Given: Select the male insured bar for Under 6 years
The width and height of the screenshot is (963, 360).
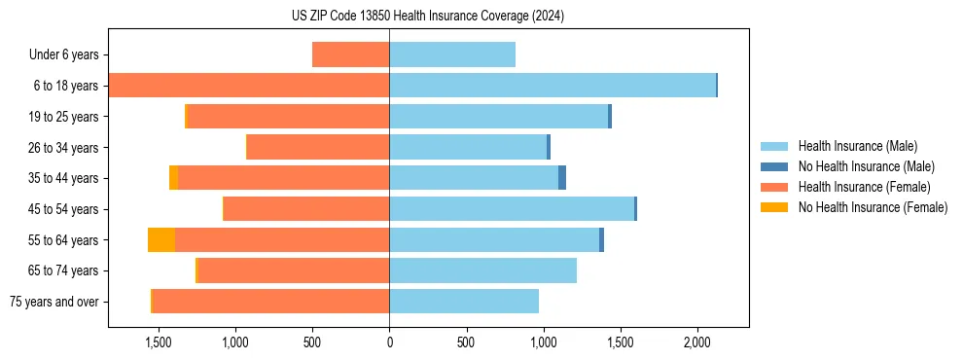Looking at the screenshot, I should [x=452, y=54].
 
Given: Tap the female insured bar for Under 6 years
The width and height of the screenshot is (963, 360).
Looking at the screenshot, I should [x=351, y=54].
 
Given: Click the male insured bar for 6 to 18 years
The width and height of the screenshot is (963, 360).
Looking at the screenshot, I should [x=553, y=86].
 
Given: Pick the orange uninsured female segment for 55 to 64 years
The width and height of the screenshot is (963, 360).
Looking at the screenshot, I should [x=161, y=240].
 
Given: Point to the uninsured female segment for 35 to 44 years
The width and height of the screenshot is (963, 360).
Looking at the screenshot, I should [x=173, y=178].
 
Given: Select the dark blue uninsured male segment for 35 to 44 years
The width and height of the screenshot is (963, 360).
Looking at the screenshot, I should [x=562, y=178].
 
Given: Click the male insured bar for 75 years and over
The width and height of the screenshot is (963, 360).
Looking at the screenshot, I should [x=464, y=302].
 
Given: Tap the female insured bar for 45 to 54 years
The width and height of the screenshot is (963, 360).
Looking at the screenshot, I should [x=306, y=209].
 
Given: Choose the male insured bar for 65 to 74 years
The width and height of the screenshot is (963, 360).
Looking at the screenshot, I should [x=483, y=270].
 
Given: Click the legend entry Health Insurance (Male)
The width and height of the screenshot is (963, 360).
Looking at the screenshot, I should [x=857, y=146].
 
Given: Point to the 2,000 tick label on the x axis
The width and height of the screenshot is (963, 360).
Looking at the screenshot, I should [x=696, y=342].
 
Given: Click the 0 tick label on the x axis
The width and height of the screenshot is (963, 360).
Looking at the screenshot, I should [x=389, y=342].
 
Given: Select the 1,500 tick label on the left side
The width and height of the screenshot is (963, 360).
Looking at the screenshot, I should [x=159, y=342].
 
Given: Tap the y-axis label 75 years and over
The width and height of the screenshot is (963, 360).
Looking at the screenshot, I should [x=54, y=302].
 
